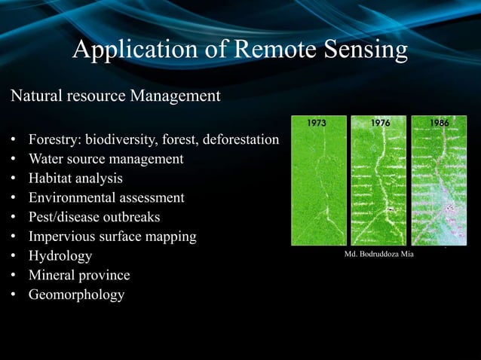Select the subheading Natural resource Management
point(115,96)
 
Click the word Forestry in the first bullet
point(54,140)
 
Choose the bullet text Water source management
point(106,159)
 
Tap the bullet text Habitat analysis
point(75,178)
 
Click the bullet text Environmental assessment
point(106,198)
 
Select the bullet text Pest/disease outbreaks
point(94,218)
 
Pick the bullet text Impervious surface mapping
point(112,236)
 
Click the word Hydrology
point(60,256)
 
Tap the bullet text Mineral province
point(79,276)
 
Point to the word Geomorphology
point(76,294)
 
